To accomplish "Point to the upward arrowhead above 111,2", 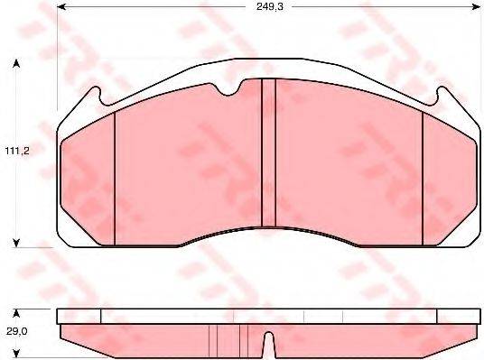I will click(x=16, y=65).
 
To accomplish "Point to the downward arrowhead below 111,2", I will click(x=16, y=241).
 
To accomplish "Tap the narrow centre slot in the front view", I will click(x=266, y=152).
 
